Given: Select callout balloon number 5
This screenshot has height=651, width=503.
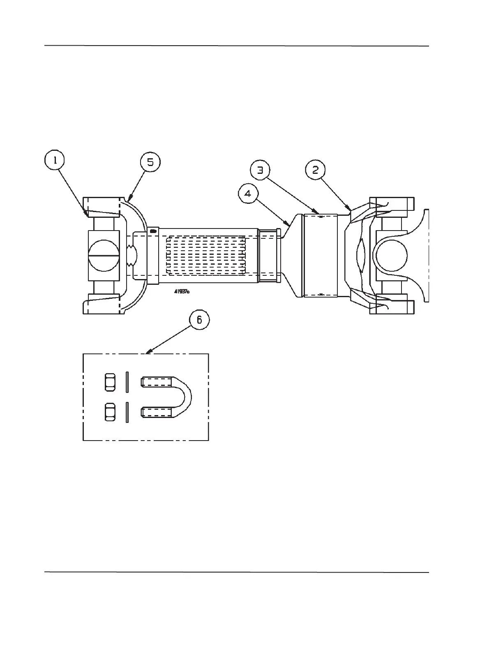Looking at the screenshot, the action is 150,162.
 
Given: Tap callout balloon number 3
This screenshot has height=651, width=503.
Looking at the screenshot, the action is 260,171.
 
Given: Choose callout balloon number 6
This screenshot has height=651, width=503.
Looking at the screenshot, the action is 199,320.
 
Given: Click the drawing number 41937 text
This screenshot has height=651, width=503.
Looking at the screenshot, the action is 181,291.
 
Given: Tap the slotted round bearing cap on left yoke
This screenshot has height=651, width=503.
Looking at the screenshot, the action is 104,256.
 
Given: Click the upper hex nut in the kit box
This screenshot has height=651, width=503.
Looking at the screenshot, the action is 110,382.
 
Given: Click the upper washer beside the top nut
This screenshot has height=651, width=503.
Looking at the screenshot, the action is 127,382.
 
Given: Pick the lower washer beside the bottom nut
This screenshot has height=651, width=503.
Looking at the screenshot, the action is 127,412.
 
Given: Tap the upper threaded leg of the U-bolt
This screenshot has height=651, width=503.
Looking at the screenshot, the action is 157,382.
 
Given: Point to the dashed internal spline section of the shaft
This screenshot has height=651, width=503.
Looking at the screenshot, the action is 205,255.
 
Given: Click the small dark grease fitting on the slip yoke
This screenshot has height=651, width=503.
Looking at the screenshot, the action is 153,231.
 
